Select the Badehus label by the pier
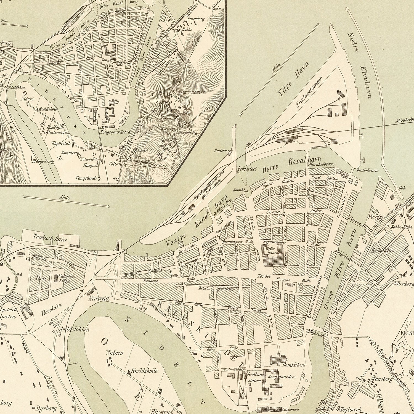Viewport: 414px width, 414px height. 221,151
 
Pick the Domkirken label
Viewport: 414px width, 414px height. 293,365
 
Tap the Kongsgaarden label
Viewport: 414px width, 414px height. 285,376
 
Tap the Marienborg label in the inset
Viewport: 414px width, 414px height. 43,161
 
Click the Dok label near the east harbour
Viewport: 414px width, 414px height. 402,188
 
